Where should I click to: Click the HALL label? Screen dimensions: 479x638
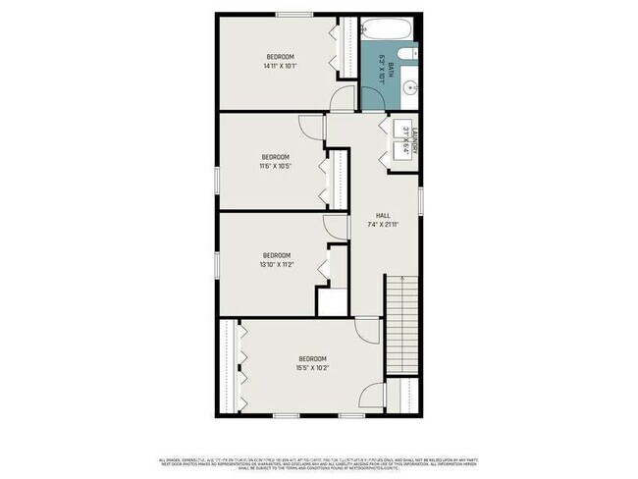click(x=384, y=216)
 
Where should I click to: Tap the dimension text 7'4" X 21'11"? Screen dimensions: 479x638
click(x=384, y=226)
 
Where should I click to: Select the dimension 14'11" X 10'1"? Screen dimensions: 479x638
click(x=280, y=67)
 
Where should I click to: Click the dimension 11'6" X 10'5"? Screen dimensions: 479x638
click(x=275, y=166)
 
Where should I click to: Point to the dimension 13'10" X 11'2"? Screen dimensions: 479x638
click(x=277, y=264)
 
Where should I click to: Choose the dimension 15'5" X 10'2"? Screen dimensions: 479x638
click(x=313, y=368)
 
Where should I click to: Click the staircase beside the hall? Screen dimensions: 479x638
click(x=401, y=324)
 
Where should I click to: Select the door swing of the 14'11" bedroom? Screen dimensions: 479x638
click(x=345, y=97)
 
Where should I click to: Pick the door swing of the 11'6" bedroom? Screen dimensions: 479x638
click(x=312, y=127)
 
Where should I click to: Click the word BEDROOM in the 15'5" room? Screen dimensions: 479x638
click(x=313, y=358)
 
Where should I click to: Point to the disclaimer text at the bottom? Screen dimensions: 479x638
click(x=319, y=461)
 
